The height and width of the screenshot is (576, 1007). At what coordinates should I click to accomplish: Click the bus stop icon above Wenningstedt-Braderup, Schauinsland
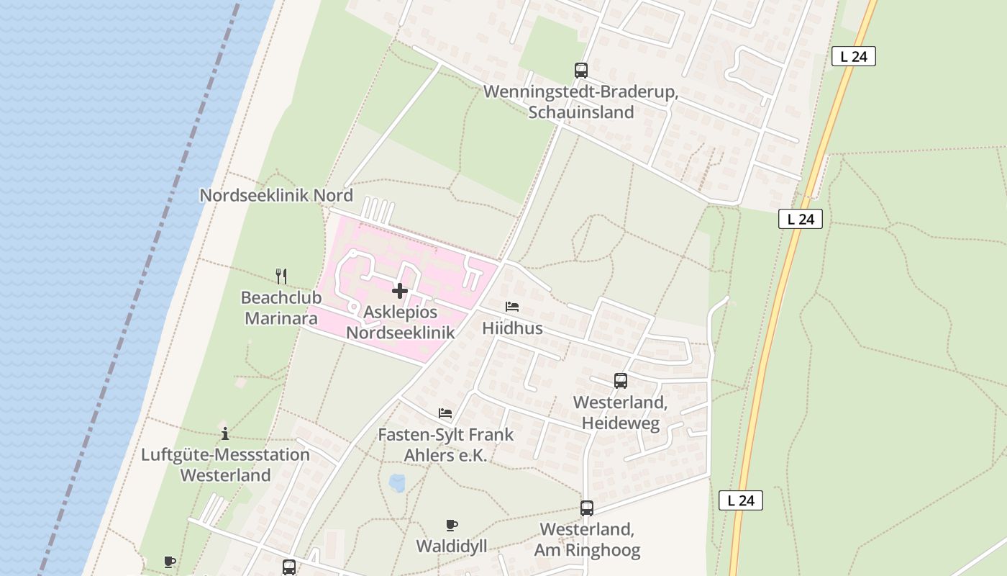coord(581,70)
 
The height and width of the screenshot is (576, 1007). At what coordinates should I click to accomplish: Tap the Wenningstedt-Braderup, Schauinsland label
coord(581,102)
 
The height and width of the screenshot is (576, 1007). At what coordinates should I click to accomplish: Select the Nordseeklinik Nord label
coord(276,195)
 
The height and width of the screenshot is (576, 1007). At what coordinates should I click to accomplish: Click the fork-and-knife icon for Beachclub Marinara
coord(281,276)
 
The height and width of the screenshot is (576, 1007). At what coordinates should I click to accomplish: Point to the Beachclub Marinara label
coord(281,307)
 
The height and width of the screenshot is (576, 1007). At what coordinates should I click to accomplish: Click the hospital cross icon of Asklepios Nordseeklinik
coord(400,291)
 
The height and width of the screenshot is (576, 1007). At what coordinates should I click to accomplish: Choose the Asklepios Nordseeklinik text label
coord(401,322)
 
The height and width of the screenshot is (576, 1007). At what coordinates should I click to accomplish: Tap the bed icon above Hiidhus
coord(512,307)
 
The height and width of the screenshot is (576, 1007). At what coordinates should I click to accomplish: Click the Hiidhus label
coord(512,328)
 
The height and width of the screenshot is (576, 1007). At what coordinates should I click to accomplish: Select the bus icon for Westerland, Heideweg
coord(620,381)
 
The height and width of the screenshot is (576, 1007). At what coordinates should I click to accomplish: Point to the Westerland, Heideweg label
coord(620,413)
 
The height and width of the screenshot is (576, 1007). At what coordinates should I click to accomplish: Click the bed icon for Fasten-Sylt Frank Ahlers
coord(445,413)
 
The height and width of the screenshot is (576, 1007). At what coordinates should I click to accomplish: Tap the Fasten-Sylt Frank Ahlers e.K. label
coord(446,445)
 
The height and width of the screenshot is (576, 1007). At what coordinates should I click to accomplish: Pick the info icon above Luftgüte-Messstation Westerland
coord(225,433)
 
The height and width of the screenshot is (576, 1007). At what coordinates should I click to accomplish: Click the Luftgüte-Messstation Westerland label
coord(225,465)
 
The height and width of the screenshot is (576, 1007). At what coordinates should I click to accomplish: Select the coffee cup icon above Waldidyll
coord(452,525)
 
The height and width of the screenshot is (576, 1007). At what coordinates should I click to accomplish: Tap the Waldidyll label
coord(452,546)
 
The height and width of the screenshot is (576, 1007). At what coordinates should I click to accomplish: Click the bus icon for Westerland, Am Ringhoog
coord(587,508)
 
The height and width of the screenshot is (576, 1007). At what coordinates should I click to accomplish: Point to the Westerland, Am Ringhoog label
coord(587,540)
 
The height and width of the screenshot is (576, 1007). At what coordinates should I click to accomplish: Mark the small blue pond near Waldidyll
coord(396,482)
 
